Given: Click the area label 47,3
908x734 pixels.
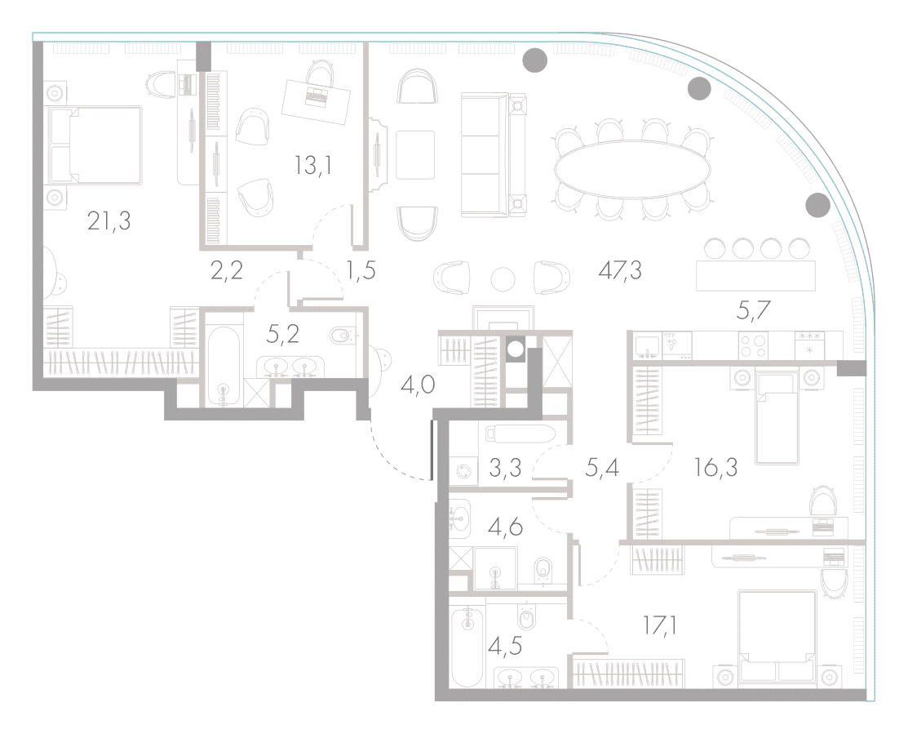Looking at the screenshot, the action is coord(620,270).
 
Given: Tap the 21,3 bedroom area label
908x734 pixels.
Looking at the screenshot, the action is coord(109,220).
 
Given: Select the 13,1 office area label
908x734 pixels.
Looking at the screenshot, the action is coord(312,166).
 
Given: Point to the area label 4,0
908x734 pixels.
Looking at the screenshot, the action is coord(418,384).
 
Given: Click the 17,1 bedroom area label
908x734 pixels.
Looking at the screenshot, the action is coord(660,625).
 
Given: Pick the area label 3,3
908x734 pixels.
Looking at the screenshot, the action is coord(505,468).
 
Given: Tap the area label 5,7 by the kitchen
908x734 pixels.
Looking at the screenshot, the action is coord(753,311).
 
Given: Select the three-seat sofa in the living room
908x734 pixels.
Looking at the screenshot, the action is coord(494,154).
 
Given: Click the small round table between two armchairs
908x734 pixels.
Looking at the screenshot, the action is coord(503,279).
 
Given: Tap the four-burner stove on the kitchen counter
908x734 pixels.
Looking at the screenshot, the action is coord(753,345).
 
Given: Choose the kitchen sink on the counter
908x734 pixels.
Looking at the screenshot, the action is coord(646,345).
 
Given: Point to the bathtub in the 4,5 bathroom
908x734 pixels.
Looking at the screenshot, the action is coord(467,646).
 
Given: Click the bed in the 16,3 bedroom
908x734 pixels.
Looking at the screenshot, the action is coord(777,417).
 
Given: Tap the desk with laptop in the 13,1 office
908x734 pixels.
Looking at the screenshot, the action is coord(317,100).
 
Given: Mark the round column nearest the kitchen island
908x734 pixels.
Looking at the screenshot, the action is coord(817,204).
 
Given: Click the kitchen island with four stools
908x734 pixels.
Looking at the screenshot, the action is coord(755,276).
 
